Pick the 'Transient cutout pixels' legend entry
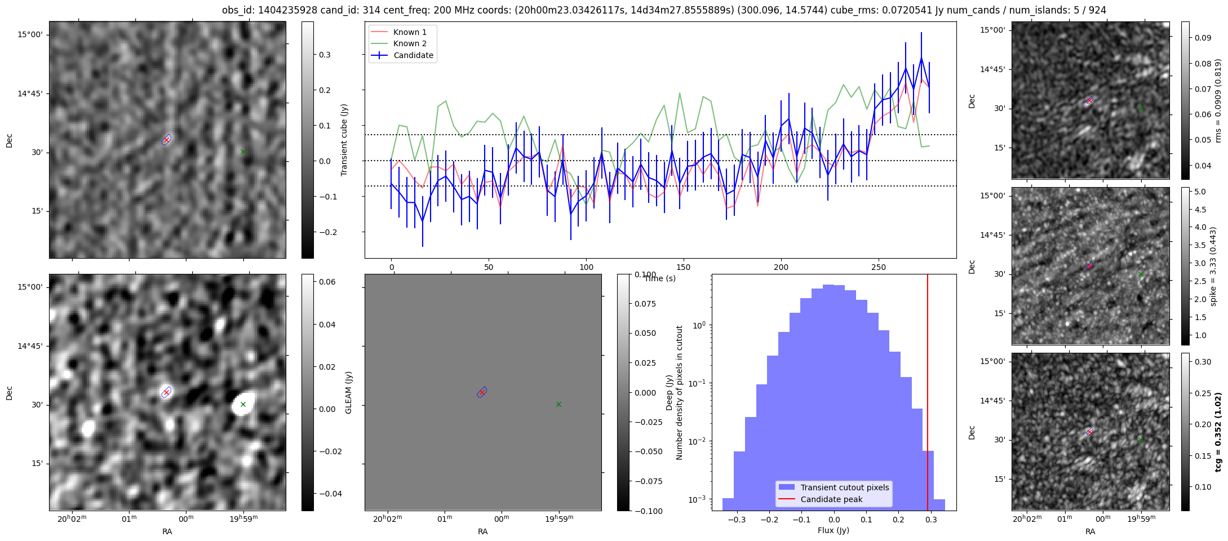834,487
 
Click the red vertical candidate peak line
928,392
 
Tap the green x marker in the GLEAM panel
243,404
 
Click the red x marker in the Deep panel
482,392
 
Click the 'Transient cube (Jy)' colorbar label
344,140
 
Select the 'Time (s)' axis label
660,278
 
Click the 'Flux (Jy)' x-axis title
834,530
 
